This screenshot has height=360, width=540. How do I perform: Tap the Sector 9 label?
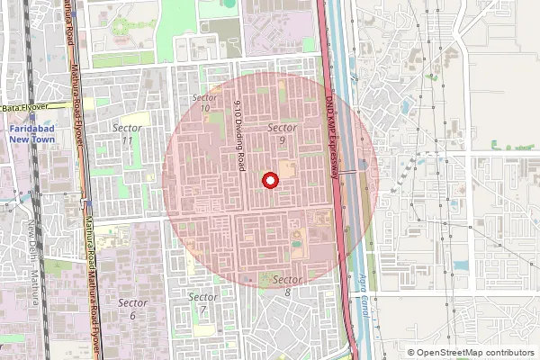pyautogui.click(x=283, y=134)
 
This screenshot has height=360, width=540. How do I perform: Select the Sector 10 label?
pyautogui.click(x=205, y=103)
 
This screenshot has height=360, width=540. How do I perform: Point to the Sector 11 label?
pyautogui.click(x=127, y=134)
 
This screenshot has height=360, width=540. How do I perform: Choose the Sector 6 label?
pyautogui.click(x=132, y=309)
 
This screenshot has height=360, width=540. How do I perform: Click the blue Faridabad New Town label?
pyautogui.click(x=31, y=134)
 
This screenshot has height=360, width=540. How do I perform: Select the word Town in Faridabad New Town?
pyautogui.click(x=43, y=139)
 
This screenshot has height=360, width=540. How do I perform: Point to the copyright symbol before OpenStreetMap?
pyautogui.click(x=411, y=353)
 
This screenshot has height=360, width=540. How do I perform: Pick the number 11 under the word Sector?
pyautogui.click(x=127, y=140)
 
